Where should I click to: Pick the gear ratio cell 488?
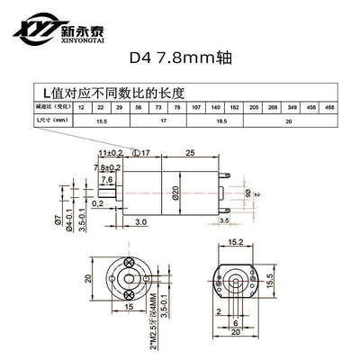coord(331,106)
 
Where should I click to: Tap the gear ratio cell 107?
coord(196,106)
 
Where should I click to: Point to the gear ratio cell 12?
coord(82,106)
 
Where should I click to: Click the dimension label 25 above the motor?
coord(190,152)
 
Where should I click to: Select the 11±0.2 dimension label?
coord(111,154)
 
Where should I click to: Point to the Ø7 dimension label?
coord(82,221)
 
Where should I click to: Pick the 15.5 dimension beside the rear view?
coord(267,281)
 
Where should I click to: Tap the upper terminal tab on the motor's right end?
coord(229,177)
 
